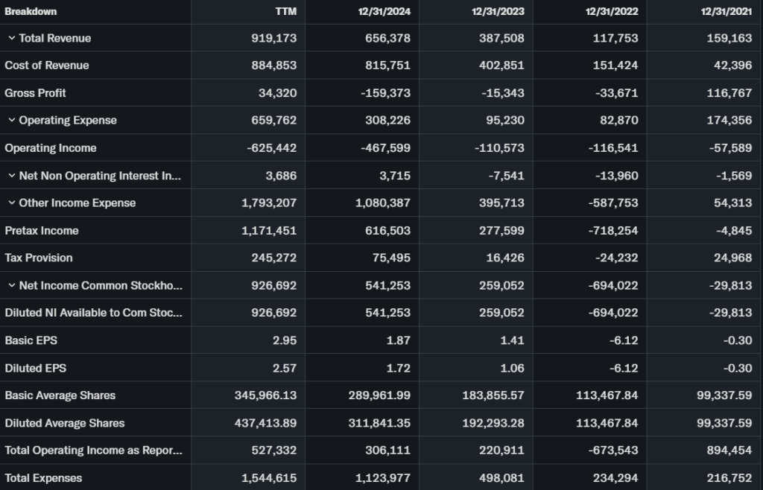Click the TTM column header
[285, 11]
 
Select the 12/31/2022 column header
[612, 11]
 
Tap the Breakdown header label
[31, 11]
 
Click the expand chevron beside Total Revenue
[11, 38]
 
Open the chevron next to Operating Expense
[11, 121]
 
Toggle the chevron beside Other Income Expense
[11, 203]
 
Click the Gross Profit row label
[35, 93]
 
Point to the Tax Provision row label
[39, 258]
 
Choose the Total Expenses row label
[43, 478]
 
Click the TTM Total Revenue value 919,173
[273, 38]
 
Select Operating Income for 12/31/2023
[499, 148]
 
